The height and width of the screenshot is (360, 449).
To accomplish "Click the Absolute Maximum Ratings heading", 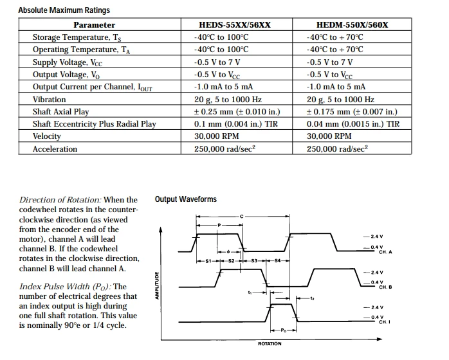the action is coord(64,10).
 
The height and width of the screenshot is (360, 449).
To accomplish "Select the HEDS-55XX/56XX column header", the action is coord(235,25).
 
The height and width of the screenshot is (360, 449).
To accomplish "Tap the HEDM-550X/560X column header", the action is coord(353,25).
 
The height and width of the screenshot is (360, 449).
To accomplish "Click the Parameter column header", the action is coord(94,25).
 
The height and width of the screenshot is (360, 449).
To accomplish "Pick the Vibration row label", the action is coord(50,100).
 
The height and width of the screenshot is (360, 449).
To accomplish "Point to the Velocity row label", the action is coord(47,136).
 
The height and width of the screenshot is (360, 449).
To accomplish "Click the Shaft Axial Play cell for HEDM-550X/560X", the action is coord(352,112).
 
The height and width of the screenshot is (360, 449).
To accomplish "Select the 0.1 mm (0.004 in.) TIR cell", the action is coord(236,124).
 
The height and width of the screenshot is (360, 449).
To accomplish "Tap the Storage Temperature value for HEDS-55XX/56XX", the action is coord(221,37).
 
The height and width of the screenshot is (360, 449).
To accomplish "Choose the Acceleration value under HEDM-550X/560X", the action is coord(337,148).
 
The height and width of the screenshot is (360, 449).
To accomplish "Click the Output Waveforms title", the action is coord(186,199).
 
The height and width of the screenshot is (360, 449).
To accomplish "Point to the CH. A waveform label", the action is coord(385,252).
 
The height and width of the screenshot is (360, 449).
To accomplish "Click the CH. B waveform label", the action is coord(385,287).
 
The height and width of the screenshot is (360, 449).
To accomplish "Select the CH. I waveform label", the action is coord(385,322).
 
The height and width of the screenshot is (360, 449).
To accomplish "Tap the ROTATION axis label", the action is coord(270,344).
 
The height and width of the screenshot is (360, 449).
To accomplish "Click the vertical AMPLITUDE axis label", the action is coord(157,285).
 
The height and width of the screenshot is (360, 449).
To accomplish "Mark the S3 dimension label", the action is coord(254,261).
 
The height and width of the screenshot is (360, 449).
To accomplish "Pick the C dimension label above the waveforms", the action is coord(241,217).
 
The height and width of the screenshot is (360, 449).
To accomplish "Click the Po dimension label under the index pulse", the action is coord(284,330).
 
